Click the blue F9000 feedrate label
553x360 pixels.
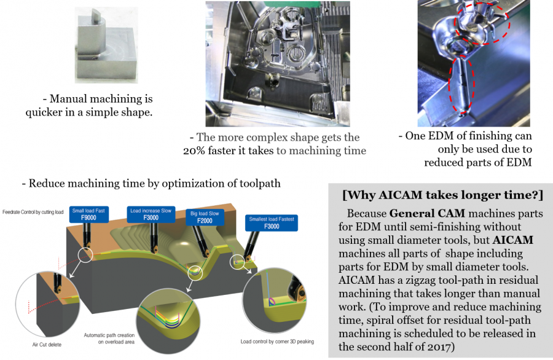coord(88,214)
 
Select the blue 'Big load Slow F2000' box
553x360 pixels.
coord(205,217)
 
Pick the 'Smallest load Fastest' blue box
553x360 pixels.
coord(272,223)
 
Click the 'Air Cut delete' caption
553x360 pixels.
coord(47,345)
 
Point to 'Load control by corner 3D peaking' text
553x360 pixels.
coord(277,342)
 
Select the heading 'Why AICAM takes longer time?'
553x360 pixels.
coord(442,195)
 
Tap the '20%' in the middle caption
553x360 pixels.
coord(194,151)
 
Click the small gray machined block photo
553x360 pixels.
coord(106,45)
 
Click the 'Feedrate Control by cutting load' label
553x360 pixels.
coord(33,212)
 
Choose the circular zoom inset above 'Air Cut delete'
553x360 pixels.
coord(47,304)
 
